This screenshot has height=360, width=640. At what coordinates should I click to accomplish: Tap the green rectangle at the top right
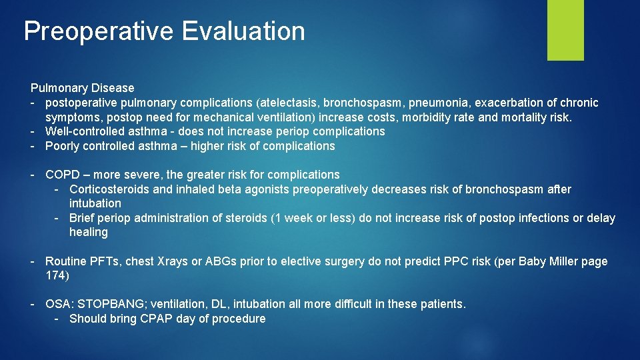(x=565, y=30)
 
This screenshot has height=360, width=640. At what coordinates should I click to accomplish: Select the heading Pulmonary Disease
(x=82, y=88)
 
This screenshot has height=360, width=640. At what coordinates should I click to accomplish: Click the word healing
(x=88, y=232)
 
